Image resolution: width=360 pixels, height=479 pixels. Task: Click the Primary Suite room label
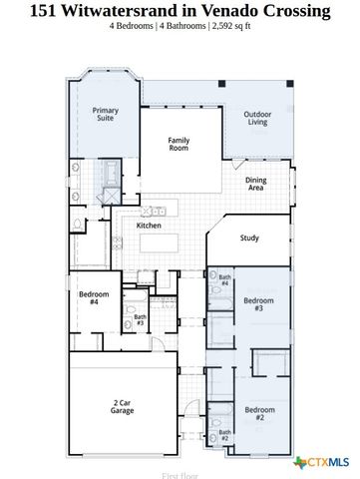(105, 114)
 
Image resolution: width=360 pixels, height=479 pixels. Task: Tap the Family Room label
(179, 146)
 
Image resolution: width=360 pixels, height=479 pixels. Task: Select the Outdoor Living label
(258, 119)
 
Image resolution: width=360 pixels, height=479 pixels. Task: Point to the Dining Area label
(255, 184)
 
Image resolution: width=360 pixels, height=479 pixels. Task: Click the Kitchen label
(150, 226)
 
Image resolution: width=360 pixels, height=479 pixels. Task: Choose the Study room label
(249, 238)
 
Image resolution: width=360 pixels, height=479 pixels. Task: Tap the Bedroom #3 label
(258, 304)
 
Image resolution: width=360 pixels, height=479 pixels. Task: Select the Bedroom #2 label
(259, 414)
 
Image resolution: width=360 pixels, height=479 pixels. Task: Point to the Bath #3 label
(141, 320)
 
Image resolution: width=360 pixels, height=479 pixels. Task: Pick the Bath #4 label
(224, 280)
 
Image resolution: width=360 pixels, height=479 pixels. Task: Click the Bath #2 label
(224, 436)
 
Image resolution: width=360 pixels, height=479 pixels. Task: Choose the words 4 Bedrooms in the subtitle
(134, 27)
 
